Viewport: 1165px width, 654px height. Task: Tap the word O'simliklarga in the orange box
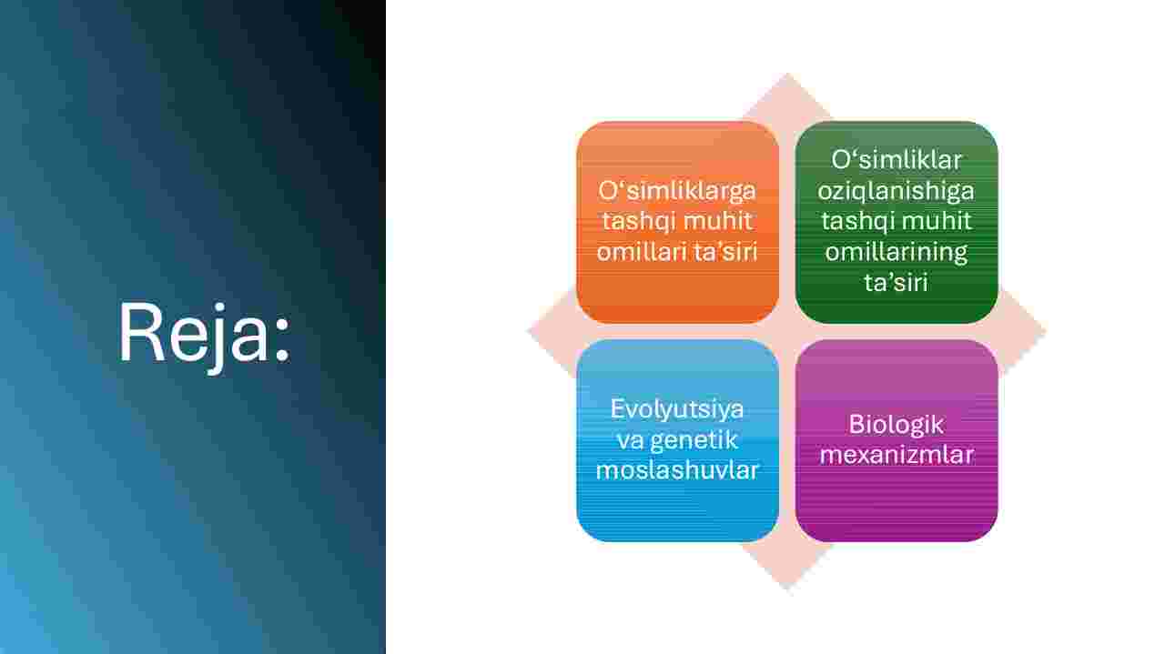pyautogui.click(x=676, y=192)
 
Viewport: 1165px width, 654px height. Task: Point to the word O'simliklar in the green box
pyautogui.click(x=897, y=159)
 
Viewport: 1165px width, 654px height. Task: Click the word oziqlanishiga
pyautogui.click(x=896, y=192)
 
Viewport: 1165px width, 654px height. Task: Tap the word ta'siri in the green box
pyautogui.click(x=897, y=283)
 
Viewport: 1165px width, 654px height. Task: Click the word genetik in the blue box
pyautogui.click(x=694, y=441)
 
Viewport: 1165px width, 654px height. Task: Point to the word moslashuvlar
pyautogui.click(x=676, y=470)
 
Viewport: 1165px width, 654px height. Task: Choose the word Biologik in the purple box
pyautogui.click(x=897, y=426)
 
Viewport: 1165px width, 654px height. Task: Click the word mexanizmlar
pyautogui.click(x=897, y=456)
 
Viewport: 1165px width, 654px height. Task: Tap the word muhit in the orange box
pyautogui.click(x=718, y=221)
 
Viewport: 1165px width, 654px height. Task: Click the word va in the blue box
pyautogui.click(x=630, y=441)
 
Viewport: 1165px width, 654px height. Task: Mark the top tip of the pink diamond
pyautogui.click(x=787, y=73)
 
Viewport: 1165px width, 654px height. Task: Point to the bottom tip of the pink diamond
pyautogui.click(x=787, y=590)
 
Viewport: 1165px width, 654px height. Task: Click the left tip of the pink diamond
pyautogui.click(x=528, y=331)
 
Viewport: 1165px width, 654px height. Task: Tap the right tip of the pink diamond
pyautogui.click(x=1047, y=331)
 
